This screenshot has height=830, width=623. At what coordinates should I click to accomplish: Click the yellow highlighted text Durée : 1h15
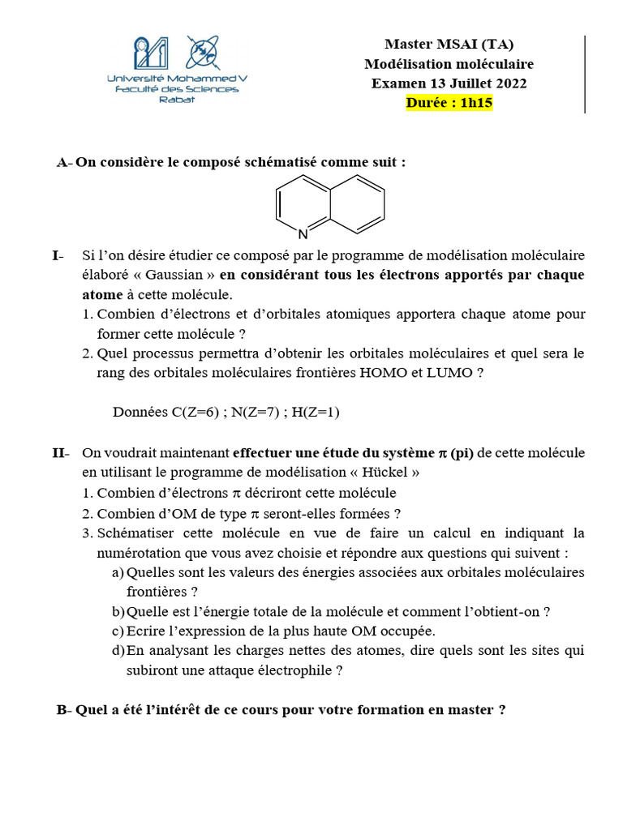point(449,103)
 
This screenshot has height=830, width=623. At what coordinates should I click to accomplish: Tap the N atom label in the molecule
point(303,235)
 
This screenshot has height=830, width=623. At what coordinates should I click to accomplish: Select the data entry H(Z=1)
point(316,413)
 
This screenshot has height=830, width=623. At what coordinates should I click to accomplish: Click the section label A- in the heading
point(64,162)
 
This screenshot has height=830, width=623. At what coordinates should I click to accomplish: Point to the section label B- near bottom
point(64,710)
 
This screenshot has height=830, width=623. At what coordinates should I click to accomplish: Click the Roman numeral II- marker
point(61,451)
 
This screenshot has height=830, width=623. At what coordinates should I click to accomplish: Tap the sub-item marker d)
point(118,650)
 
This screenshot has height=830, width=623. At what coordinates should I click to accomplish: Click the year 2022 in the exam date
point(509,83)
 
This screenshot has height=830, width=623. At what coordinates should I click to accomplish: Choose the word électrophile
point(295,670)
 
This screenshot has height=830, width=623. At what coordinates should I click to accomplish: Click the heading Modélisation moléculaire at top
point(449,63)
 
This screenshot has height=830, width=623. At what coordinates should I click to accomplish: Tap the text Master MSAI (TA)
point(449,44)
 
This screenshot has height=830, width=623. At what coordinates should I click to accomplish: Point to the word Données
point(140,413)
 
